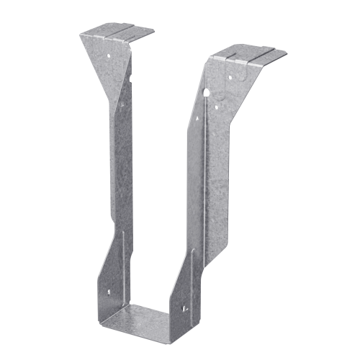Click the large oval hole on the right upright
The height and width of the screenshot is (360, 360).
(x=206, y=93)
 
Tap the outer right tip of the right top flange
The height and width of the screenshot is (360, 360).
(x=285, y=55)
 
